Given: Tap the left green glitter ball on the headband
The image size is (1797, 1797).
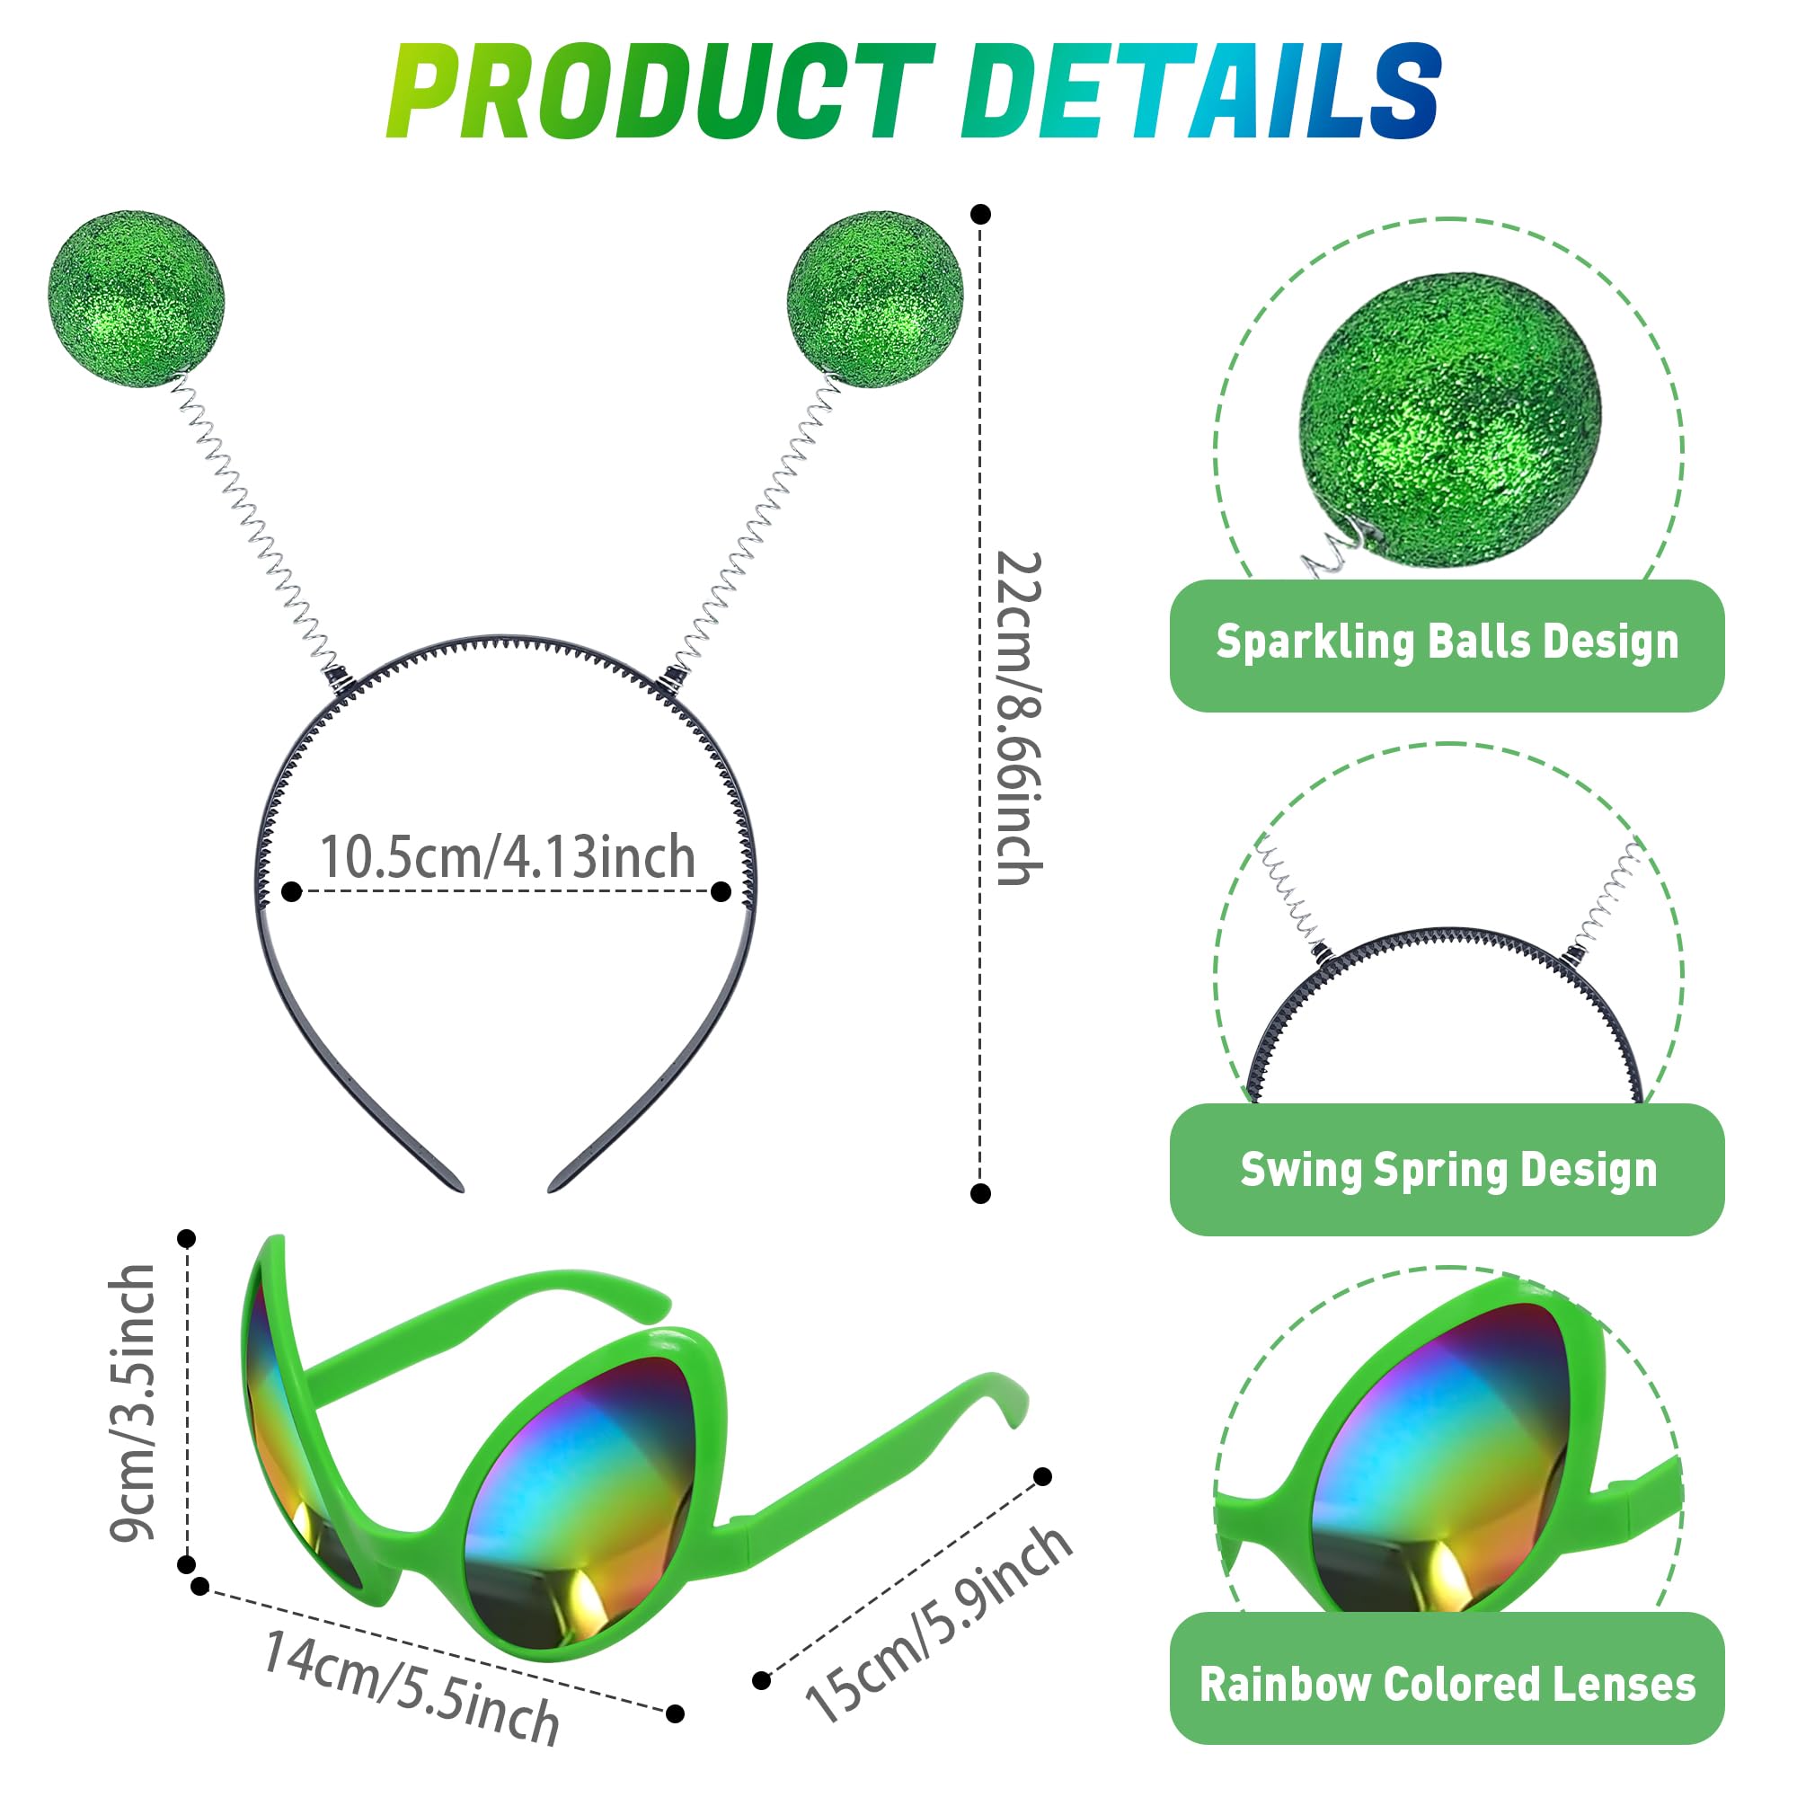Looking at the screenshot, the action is tap(136, 297).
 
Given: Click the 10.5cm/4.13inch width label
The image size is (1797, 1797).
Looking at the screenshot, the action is tap(508, 856).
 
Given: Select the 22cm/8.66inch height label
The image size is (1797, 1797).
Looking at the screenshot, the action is tap(1020, 718).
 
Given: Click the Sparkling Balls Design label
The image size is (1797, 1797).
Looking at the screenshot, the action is tap(1447, 642).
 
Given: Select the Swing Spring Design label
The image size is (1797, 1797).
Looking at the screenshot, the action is tap(1448, 1169).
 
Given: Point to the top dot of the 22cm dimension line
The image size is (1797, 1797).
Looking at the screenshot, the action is tap(980, 214).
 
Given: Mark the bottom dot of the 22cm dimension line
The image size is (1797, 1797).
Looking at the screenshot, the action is tap(980, 1193).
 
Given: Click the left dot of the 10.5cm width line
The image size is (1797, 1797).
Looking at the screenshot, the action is tap(291, 892).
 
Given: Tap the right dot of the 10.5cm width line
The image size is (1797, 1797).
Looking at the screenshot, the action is tap(721, 892).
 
